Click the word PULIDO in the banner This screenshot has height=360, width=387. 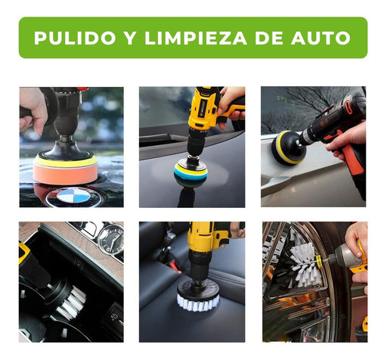75,38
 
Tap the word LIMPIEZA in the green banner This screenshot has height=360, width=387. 196,38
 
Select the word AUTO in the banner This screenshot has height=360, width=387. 320,38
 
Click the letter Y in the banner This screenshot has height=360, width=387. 130,38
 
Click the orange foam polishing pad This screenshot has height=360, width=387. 65,172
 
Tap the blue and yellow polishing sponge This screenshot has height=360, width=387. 190,172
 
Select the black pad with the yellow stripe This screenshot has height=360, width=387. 287,147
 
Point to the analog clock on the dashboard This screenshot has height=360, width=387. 110,238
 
